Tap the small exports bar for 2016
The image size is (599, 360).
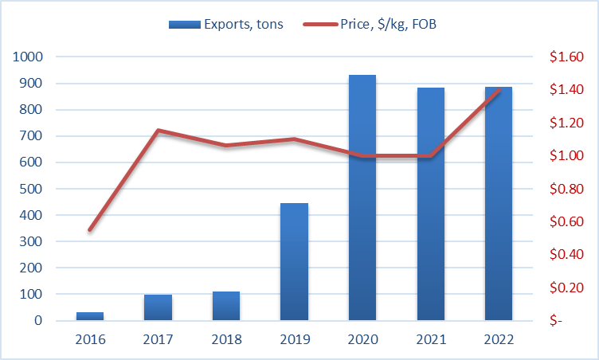click(x=90, y=316)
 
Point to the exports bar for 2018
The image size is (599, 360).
click(x=226, y=306)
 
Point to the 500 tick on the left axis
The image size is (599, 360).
click(x=29, y=189)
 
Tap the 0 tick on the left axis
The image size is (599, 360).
click(x=37, y=321)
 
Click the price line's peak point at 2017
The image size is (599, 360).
click(x=159, y=130)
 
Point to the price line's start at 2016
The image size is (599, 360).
click(x=90, y=230)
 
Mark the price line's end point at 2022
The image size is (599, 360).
click(x=499, y=90)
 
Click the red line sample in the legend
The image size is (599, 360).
click(x=322, y=25)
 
